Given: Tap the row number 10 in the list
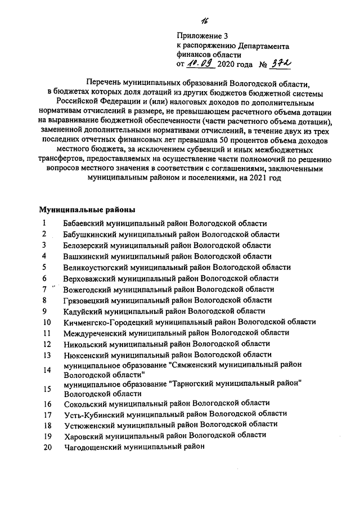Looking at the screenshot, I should click(x=47, y=322).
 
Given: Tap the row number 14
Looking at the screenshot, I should click(x=47, y=370).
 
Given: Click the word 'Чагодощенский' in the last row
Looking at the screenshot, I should click(x=93, y=447).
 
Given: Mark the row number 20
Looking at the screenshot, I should click(x=47, y=447).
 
